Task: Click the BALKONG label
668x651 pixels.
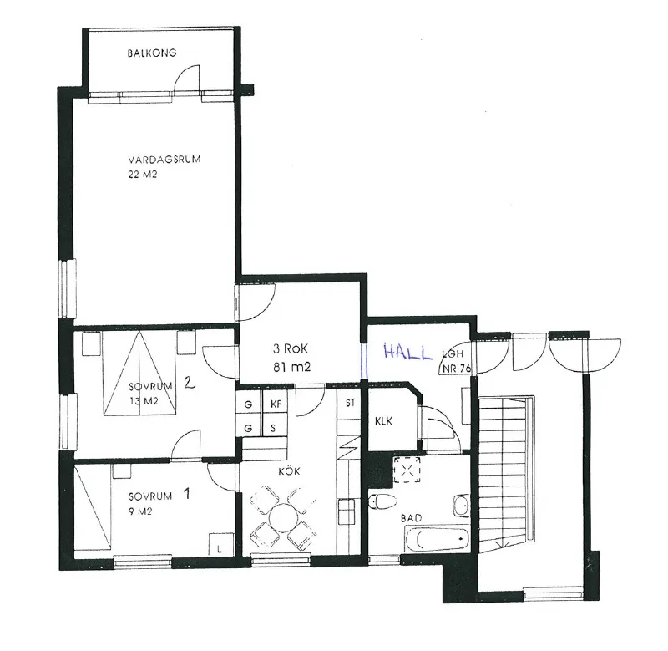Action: point(152,53)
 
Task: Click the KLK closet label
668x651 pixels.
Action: point(385,421)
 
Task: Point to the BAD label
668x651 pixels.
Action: point(411,518)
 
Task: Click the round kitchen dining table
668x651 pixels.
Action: point(283,516)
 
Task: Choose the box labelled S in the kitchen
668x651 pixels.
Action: point(275,429)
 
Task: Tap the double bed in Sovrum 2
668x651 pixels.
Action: point(140,372)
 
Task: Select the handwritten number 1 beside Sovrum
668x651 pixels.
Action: point(187,493)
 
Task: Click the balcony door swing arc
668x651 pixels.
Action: point(186,77)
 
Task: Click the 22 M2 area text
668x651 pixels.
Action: point(144,175)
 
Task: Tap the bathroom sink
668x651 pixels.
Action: point(461,506)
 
